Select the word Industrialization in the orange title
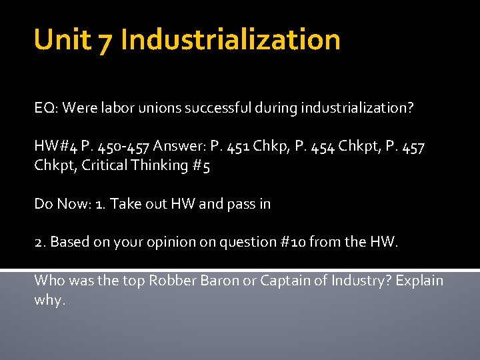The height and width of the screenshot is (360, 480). pyautogui.click(x=231, y=40)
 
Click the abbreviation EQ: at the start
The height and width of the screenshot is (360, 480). pyautogui.click(x=45, y=108)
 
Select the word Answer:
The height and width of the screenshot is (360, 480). pyautogui.click(x=174, y=147)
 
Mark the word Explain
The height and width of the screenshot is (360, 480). pyautogui.click(x=419, y=281)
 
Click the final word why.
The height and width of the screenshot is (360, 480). pyautogui.click(x=49, y=300)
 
